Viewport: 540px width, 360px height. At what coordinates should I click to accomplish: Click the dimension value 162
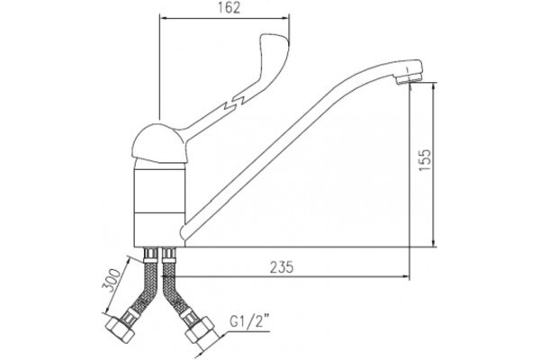[x=229, y=7]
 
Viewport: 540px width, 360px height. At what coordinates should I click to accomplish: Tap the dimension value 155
[x=426, y=160]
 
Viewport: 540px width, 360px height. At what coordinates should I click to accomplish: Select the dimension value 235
[x=282, y=267]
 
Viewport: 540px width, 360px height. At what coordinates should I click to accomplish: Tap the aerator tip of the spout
[x=410, y=77]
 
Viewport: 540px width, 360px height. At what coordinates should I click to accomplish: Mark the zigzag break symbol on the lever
[x=235, y=102]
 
